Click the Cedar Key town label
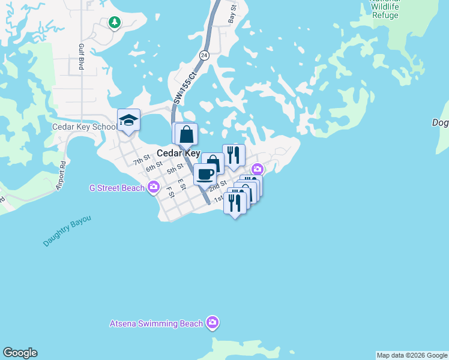(178, 153)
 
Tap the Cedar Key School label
(85, 127)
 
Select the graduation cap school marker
(128, 119)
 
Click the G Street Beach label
(117, 188)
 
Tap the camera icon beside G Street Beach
(153, 188)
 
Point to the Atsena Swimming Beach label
(156, 323)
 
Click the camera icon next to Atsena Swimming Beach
(212, 323)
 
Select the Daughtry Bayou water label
(67, 231)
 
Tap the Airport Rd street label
(60, 176)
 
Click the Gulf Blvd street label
(81, 57)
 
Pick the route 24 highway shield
(204, 55)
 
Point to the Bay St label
(232, 13)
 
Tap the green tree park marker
(114, 22)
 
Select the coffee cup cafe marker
(205, 174)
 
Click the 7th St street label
(141, 161)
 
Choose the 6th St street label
(154, 166)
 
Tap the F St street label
(170, 192)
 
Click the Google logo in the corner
(20, 353)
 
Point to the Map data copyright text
(412, 355)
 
